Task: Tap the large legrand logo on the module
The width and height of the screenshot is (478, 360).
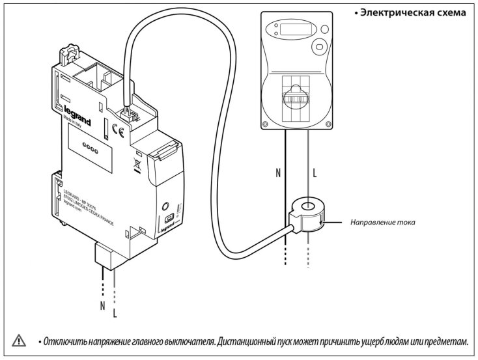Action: (76, 115)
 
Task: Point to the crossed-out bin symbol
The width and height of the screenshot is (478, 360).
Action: (137, 164)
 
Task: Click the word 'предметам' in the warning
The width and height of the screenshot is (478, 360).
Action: (443, 341)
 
